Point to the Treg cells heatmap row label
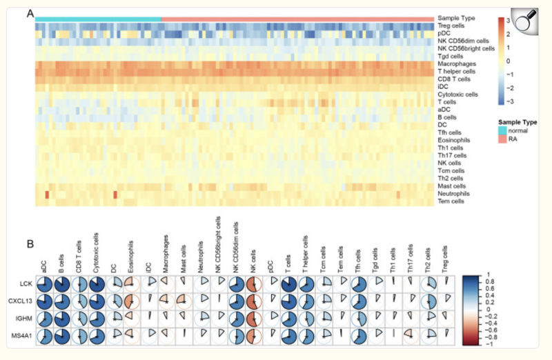tap(451, 26)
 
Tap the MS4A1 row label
tap(25, 334)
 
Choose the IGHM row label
tap(26, 317)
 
